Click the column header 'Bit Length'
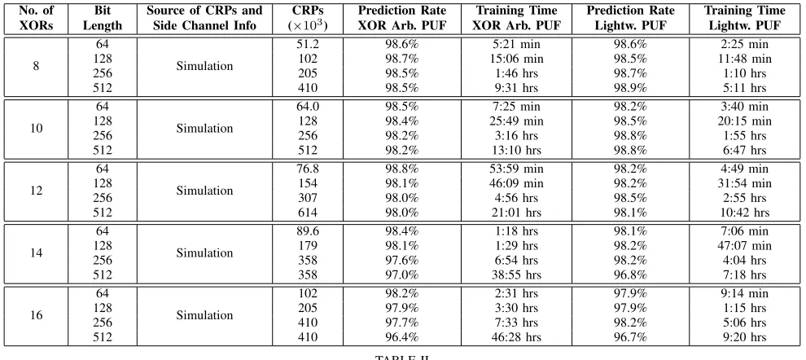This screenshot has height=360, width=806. tap(103, 18)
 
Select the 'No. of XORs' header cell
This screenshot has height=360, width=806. tap(36, 18)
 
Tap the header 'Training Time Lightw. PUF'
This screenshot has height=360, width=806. tap(744, 18)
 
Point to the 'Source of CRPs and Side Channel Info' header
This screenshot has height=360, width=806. tap(204, 18)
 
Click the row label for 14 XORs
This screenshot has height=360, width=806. tap(36, 253)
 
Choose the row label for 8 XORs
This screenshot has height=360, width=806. tap(36, 66)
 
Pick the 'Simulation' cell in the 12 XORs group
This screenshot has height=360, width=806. tap(204, 191)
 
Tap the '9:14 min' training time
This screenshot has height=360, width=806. tap(744, 294)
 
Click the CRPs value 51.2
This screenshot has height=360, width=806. tap(308, 45)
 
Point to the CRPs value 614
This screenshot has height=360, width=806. tap(308, 213)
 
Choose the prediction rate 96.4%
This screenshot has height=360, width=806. tap(402, 338)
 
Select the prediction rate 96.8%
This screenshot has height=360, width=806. tap(630, 275)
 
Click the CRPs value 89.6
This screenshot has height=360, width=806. tap(308, 231)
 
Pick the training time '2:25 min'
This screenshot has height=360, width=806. tap(744, 45)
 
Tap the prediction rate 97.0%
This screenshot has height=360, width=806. tap(402, 275)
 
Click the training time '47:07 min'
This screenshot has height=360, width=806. tap(744, 246)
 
